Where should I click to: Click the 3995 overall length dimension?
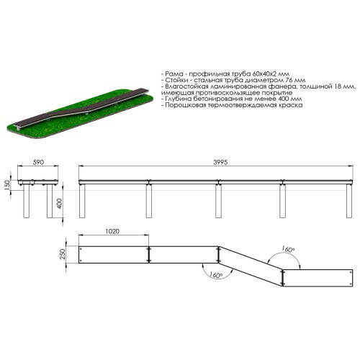(x=220, y=163)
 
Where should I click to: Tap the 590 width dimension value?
(x=38, y=163)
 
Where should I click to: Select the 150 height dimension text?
(x=7, y=185)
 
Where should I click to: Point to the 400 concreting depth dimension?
(x=60, y=203)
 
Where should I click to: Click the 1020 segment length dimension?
(x=112, y=231)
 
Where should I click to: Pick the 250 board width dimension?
(x=63, y=254)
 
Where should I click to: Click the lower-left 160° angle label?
(x=215, y=275)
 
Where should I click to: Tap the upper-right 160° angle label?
(x=288, y=249)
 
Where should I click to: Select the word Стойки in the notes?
(x=177, y=80)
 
